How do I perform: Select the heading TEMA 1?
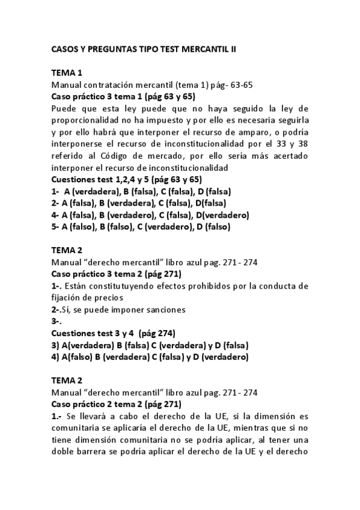coord(67,73)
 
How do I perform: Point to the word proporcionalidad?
coord(87,120)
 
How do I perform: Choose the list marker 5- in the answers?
coord(56,227)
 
